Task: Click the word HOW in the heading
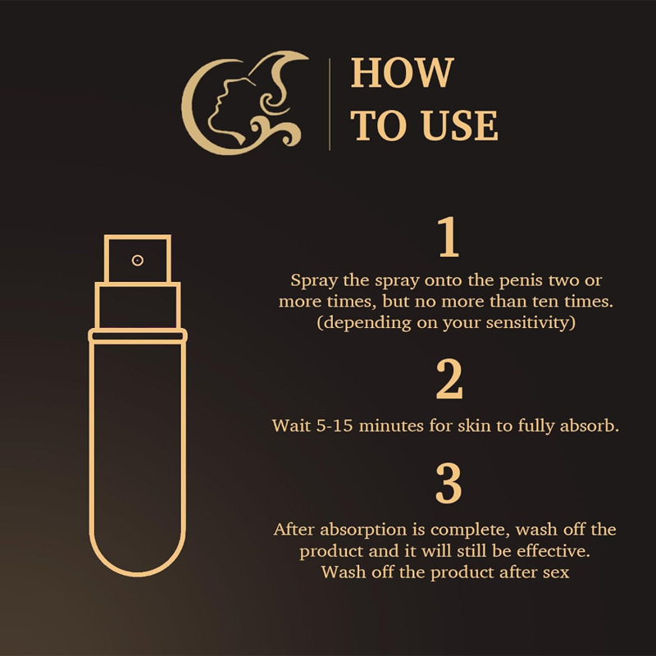pos(402,74)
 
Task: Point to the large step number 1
pos(447,239)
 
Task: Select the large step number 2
pos(449,379)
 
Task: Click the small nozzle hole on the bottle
pos(138,260)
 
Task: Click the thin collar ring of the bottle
pos(138,335)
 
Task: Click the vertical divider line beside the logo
pos(330,104)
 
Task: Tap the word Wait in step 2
pos(288,426)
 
